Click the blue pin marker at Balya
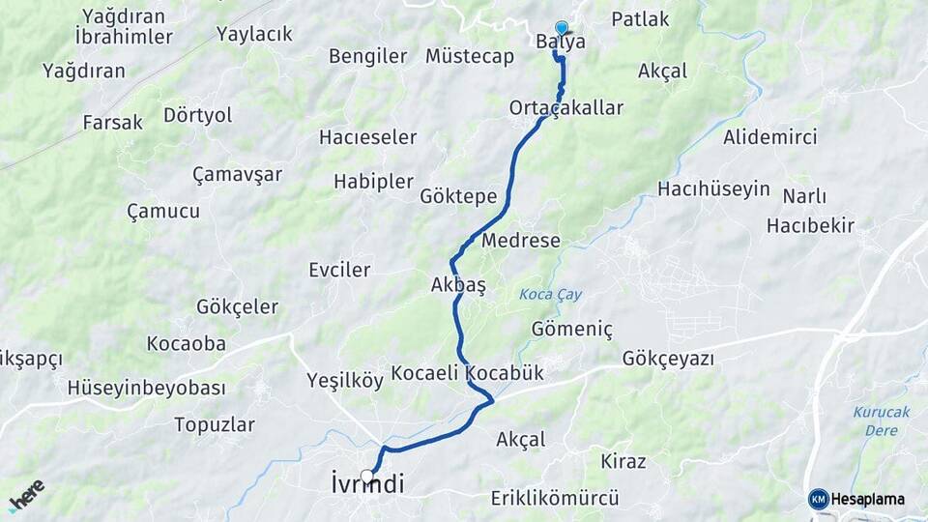[x=562, y=28]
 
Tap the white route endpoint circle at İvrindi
[x=367, y=476]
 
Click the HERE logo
[x=26, y=495]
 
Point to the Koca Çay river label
[x=551, y=294]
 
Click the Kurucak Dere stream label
[x=881, y=420]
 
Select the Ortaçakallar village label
[x=566, y=107]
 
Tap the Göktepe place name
[x=458, y=196]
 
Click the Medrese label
[x=520, y=240]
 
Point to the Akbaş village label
[x=458, y=285]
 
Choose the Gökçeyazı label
[x=668, y=359]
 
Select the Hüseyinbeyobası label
[x=146, y=388]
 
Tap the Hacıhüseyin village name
[x=713, y=188]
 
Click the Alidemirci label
[x=769, y=137]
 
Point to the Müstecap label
[x=470, y=56]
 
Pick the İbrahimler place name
[x=124, y=37]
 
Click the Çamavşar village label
[x=237, y=174]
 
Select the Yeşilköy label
[x=344, y=379]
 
